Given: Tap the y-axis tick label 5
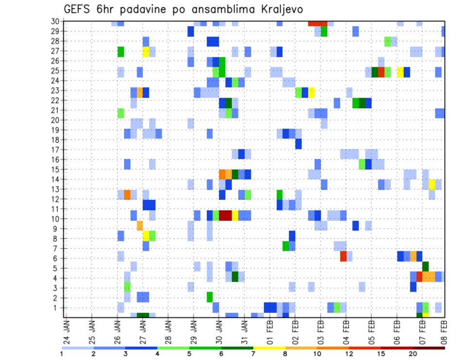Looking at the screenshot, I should [x=56, y=268].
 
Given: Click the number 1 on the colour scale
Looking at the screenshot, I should [x=62, y=353].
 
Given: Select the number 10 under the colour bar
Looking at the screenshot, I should [x=317, y=353].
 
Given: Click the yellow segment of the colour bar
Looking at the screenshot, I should [x=269, y=347].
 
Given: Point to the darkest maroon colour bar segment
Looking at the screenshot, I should [x=429, y=347].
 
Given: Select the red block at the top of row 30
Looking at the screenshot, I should [x=317, y=23].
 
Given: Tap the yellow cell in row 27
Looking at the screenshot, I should [x=146, y=51].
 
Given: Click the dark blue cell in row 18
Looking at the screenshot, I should [x=298, y=144].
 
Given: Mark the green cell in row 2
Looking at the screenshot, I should [x=210, y=296].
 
